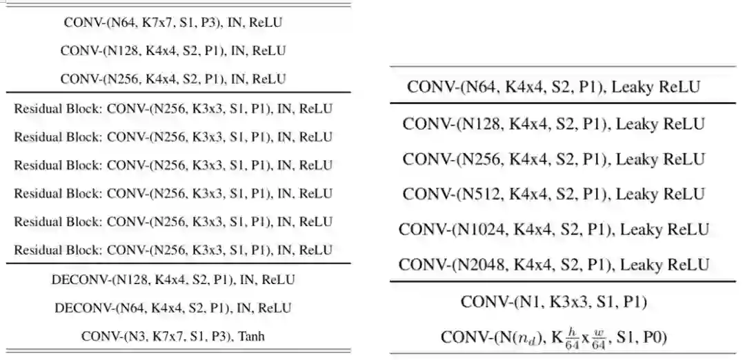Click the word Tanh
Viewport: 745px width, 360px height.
point(252,337)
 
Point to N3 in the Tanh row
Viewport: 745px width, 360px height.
point(127,337)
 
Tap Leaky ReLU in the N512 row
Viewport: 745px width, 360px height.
point(660,194)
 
